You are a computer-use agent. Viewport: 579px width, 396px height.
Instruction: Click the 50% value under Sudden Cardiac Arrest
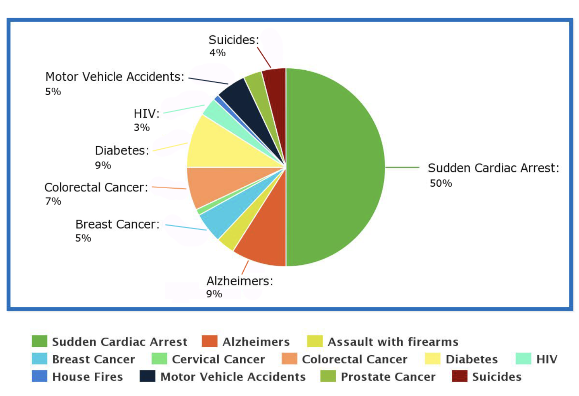441,183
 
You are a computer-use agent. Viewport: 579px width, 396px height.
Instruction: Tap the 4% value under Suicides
217,53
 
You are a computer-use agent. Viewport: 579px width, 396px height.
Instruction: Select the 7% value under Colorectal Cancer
53,201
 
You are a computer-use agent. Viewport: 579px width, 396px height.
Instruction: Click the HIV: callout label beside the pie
147,113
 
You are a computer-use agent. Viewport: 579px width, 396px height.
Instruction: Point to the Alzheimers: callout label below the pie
239,281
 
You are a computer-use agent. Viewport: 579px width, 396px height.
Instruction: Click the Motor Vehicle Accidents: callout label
115,77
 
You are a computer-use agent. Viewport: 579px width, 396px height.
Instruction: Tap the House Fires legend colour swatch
39,376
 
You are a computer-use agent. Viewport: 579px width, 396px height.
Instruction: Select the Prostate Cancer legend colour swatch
328,376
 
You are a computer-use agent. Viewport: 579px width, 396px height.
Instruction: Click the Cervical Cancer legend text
218,359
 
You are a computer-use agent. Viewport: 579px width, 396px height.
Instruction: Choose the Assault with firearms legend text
393,342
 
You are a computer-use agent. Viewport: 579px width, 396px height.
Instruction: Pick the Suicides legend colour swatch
459,376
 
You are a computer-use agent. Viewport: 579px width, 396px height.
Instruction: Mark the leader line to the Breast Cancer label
186,228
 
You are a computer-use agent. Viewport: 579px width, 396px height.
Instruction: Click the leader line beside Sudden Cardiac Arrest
402,167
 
